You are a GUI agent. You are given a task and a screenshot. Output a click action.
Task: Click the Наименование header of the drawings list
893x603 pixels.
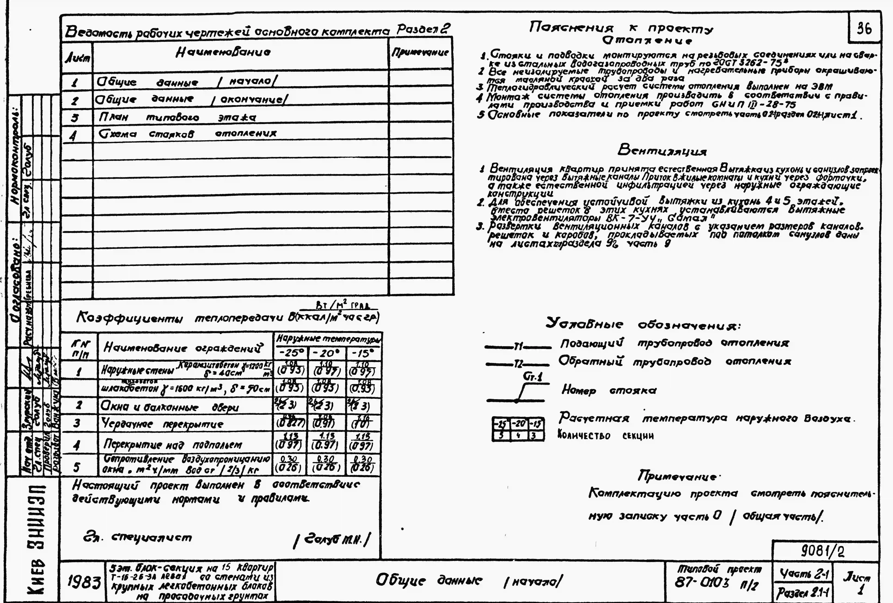click(223, 52)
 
